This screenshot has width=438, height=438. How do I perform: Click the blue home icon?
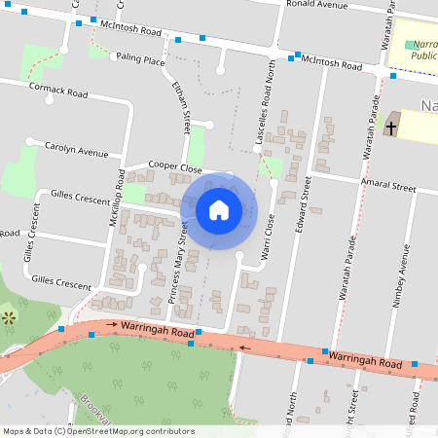pos(218,209)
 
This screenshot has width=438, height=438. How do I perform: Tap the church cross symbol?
pos(391,128)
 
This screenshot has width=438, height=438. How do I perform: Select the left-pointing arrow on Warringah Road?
pos(244,346)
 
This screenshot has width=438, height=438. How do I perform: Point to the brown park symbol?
pos(9,317)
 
